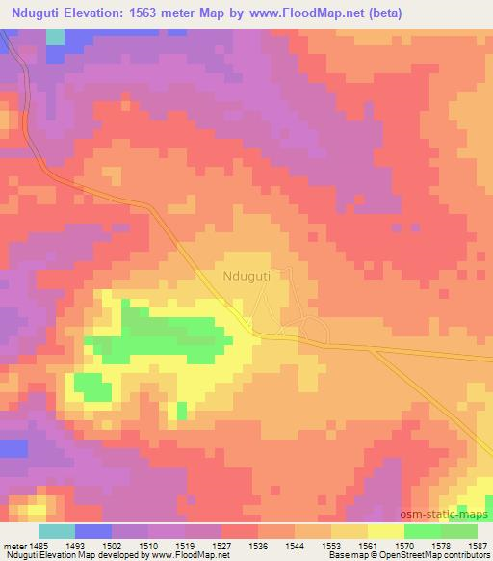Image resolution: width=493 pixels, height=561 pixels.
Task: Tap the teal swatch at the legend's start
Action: tap(57, 531)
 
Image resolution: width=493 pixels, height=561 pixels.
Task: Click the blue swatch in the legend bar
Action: tap(93, 531)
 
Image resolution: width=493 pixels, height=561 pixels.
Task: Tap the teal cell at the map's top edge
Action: tap(55, 37)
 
